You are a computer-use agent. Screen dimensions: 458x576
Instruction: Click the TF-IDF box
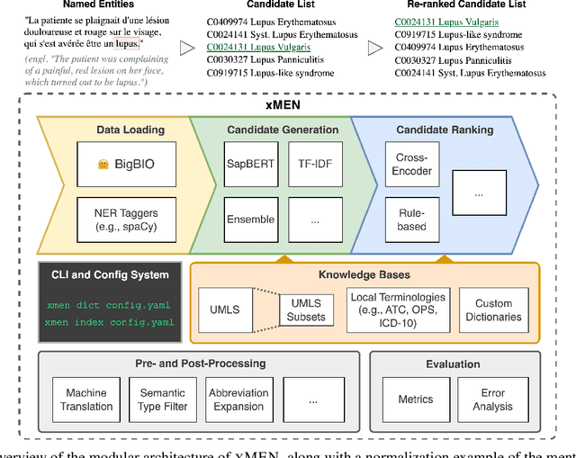pyautogui.click(x=313, y=165)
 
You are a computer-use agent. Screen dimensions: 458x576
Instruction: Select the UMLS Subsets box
pyautogui.click(x=305, y=310)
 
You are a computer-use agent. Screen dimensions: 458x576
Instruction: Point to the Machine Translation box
pyautogui.click(x=86, y=400)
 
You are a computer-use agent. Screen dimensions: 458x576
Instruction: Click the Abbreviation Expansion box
pyautogui.click(x=238, y=400)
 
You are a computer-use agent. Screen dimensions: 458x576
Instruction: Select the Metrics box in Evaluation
pyautogui.click(x=415, y=400)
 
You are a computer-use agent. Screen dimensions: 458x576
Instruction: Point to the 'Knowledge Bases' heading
pyautogui.click(x=364, y=274)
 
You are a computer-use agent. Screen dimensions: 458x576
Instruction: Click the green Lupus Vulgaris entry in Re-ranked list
pyautogui.click(x=447, y=19)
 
